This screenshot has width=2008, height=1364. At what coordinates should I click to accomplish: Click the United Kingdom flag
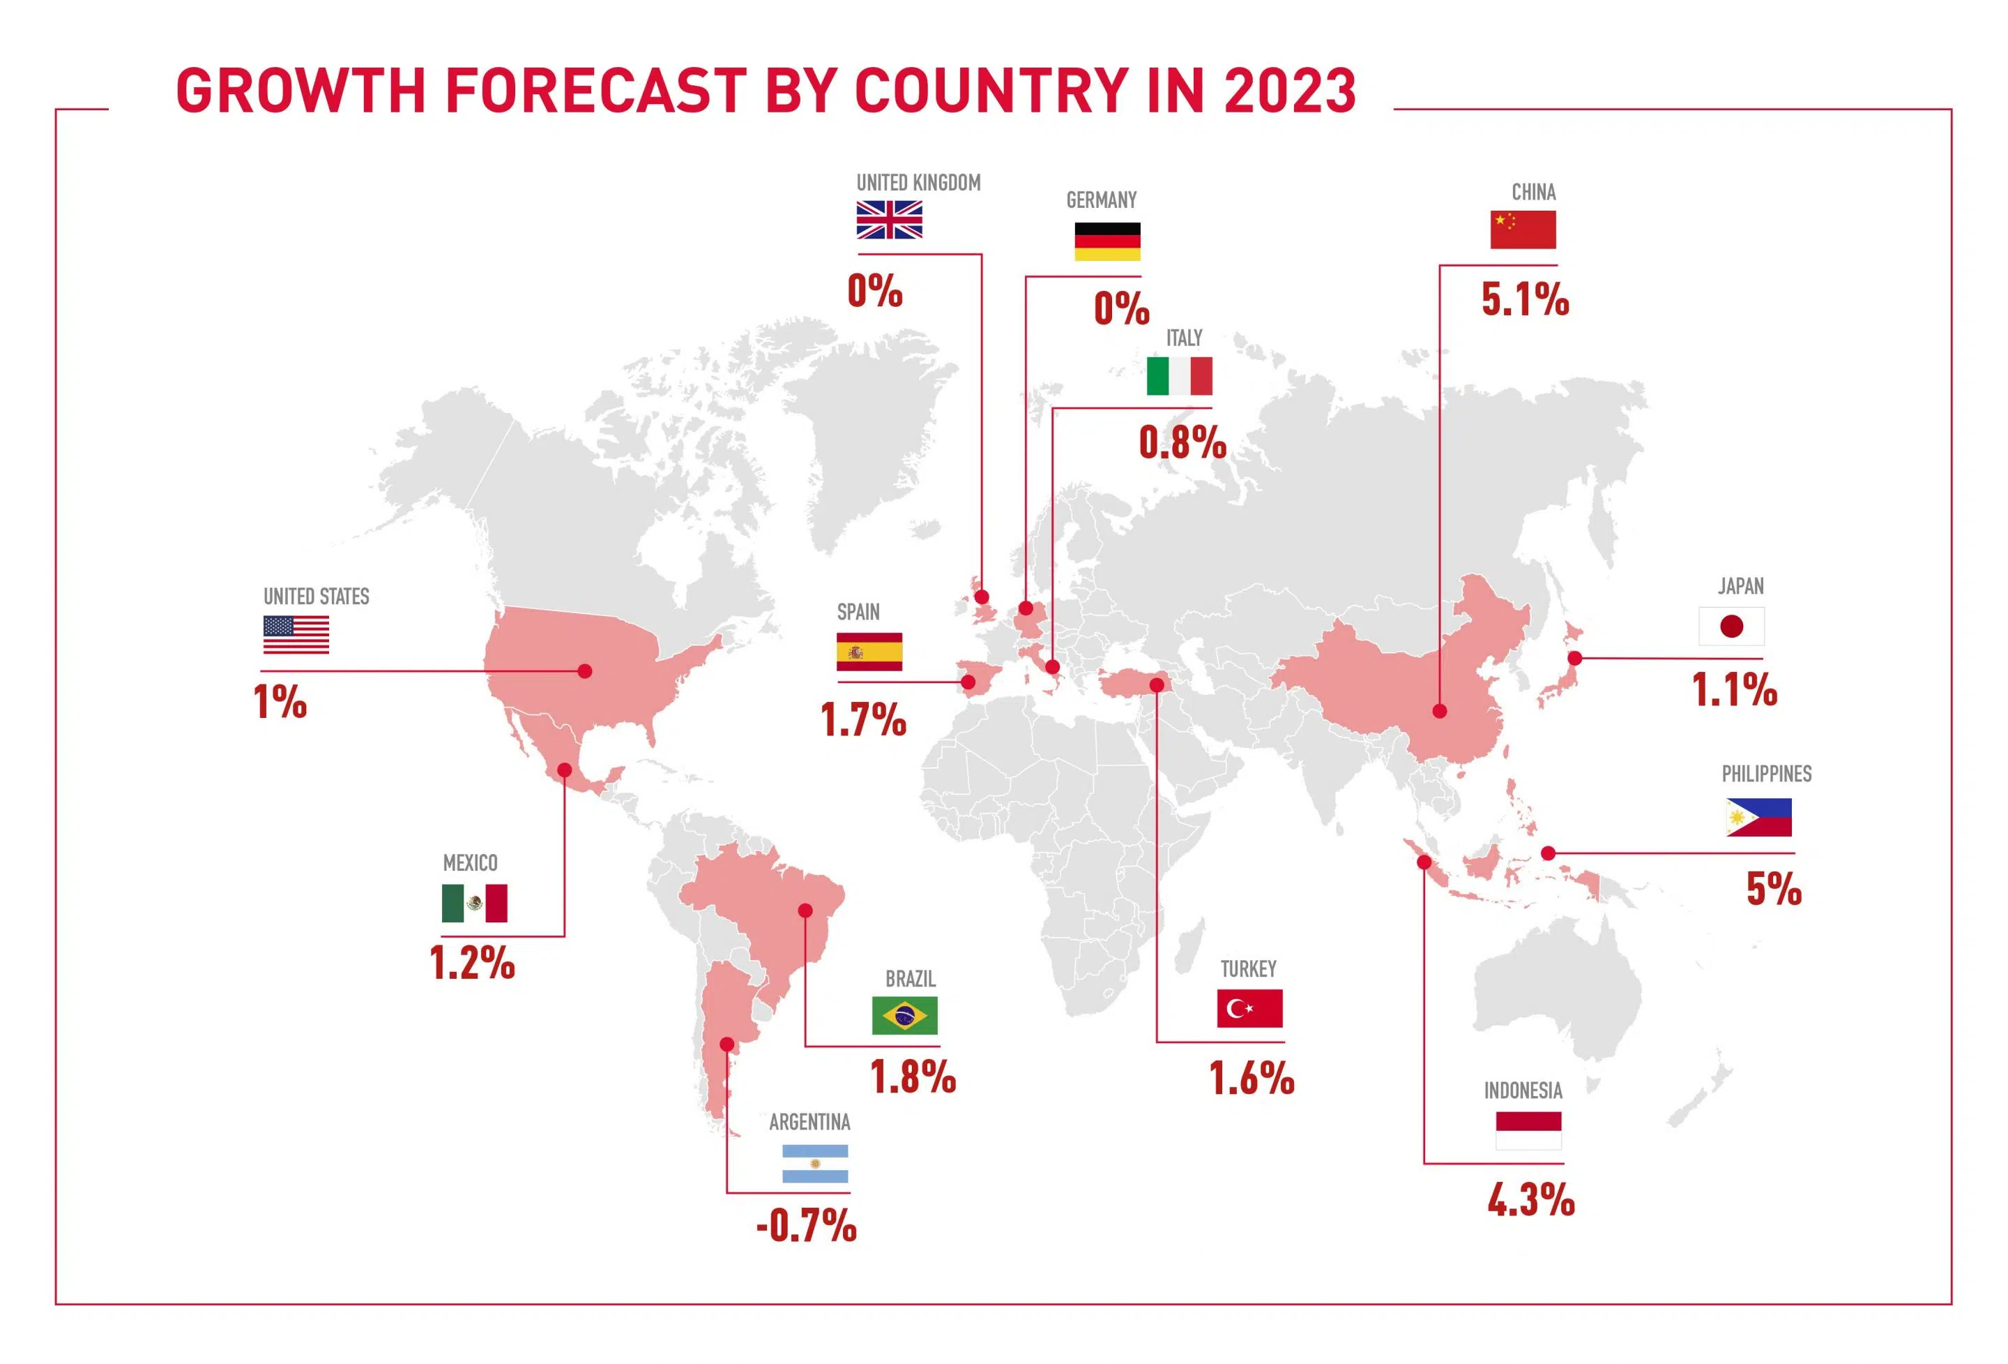click(889, 220)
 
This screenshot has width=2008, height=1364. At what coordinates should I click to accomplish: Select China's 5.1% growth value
click(1525, 300)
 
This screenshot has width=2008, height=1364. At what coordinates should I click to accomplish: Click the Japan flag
click(1731, 627)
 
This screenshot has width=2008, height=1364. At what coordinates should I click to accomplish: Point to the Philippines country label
click(1766, 774)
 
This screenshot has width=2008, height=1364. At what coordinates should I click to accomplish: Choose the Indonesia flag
click(1528, 1130)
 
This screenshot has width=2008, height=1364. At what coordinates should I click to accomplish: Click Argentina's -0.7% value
click(806, 1226)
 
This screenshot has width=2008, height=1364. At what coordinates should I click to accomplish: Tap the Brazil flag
click(904, 1016)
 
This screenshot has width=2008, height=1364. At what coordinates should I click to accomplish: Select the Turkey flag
click(1249, 1008)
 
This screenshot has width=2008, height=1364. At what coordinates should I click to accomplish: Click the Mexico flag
click(474, 904)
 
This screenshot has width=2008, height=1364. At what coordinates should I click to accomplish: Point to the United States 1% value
click(280, 702)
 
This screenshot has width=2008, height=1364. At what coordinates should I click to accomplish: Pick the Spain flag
click(869, 652)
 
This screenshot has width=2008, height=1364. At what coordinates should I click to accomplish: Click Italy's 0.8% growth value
click(1182, 444)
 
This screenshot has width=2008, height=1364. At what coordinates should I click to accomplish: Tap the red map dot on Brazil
click(805, 910)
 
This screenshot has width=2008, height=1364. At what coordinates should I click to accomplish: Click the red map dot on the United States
click(585, 670)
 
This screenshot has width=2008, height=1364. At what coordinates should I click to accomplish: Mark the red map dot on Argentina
click(727, 1045)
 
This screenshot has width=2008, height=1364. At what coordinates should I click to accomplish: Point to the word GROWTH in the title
click(301, 90)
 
